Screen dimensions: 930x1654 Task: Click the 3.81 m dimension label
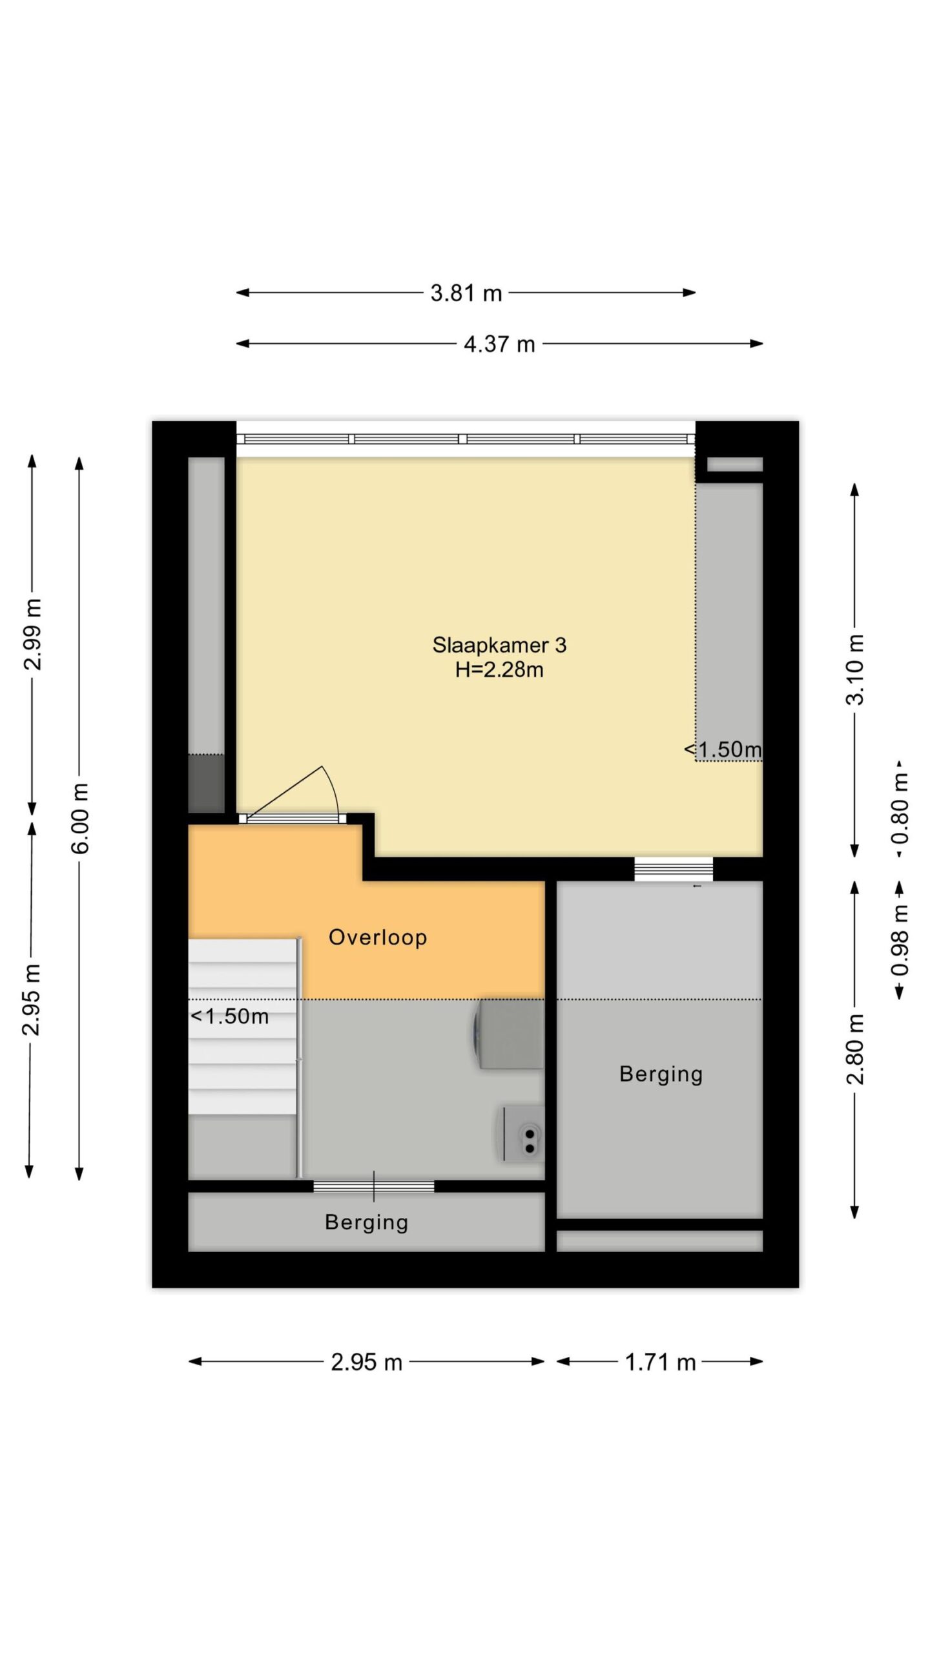coord(466,293)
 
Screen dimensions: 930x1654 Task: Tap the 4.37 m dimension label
coord(499,344)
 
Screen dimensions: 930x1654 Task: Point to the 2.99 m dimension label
coord(32,634)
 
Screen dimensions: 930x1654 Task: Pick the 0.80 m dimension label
coord(900,810)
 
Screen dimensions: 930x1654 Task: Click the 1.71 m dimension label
coord(660,1363)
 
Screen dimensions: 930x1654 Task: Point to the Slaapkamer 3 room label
coord(499,645)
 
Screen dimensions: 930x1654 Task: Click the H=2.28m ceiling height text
coord(499,670)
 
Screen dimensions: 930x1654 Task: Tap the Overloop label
coord(378,937)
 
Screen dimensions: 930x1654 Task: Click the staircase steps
coord(243,1027)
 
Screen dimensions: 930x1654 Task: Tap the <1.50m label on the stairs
coord(230,1016)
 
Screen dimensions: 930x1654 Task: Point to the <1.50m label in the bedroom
coord(723,749)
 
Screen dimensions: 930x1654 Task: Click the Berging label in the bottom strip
coord(366,1222)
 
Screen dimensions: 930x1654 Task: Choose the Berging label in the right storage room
coord(661,1074)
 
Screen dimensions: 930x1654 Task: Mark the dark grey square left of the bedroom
coord(206,784)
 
